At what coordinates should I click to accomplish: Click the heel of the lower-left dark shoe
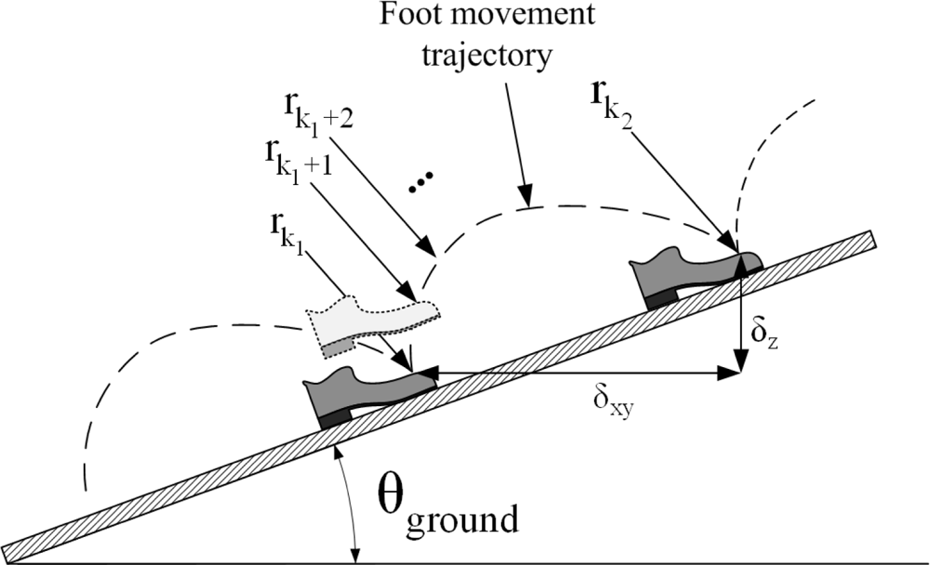(333, 417)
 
